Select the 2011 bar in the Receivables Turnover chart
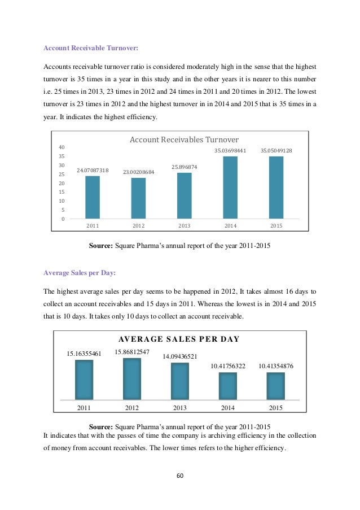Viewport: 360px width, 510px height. (x=93, y=197)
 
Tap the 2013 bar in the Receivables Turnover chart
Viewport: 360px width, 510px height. (x=184, y=195)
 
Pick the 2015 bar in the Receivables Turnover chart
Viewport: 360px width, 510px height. (x=276, y=187)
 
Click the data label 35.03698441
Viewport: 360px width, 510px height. (x=230, y=151)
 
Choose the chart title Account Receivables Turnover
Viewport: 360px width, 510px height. (x=185, y=140)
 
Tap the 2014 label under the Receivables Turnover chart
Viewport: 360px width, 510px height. (x=230, y=225)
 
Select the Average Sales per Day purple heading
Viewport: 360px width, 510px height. (x=80, y=273)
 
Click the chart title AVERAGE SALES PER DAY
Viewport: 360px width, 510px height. (x=179, y=339)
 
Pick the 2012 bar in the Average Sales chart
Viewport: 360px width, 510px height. (x=132, y=378)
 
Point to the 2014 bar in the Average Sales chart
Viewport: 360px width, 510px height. (x=228, y=386)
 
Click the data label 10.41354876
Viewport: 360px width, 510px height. (x=276, y=366)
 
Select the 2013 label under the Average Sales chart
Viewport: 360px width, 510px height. (x=180, y=407)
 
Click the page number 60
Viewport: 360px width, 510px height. (x=180, y=476)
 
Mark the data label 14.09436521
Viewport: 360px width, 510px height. (x=180, y=356)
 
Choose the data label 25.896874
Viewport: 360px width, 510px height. (x=184, y=167)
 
